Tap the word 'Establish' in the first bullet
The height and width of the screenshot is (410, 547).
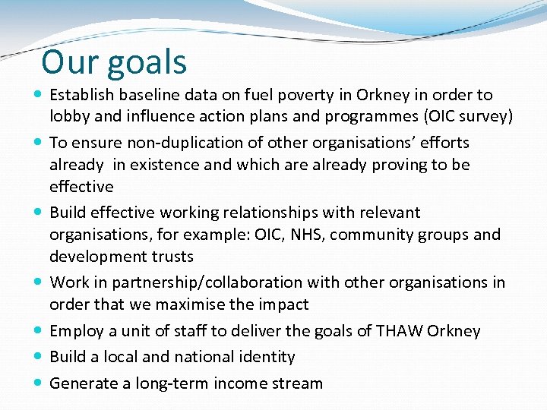pos(82,96)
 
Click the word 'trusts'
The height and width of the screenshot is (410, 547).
pos(171,257)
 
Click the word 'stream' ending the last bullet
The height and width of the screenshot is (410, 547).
pos(297,383)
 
